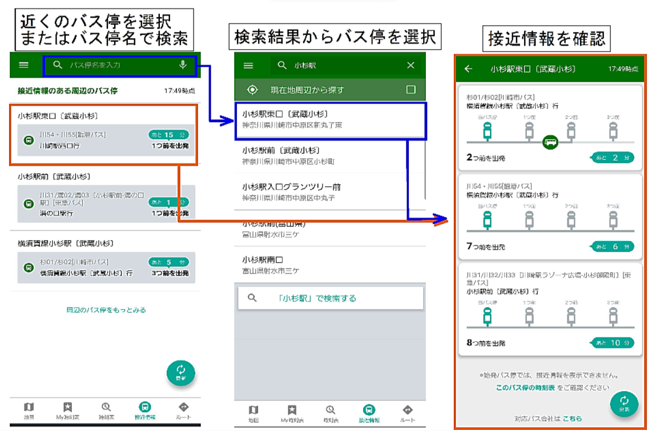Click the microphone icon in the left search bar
183,65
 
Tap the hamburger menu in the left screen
23,65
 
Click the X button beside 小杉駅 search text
410,66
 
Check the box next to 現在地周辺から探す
410,90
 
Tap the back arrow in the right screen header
468,69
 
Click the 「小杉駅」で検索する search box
331,298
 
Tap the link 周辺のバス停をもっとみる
106,310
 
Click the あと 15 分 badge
168,135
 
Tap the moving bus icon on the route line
550,141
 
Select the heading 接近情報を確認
546,40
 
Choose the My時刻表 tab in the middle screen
292,413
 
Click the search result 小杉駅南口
263,264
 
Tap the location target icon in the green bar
252,90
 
